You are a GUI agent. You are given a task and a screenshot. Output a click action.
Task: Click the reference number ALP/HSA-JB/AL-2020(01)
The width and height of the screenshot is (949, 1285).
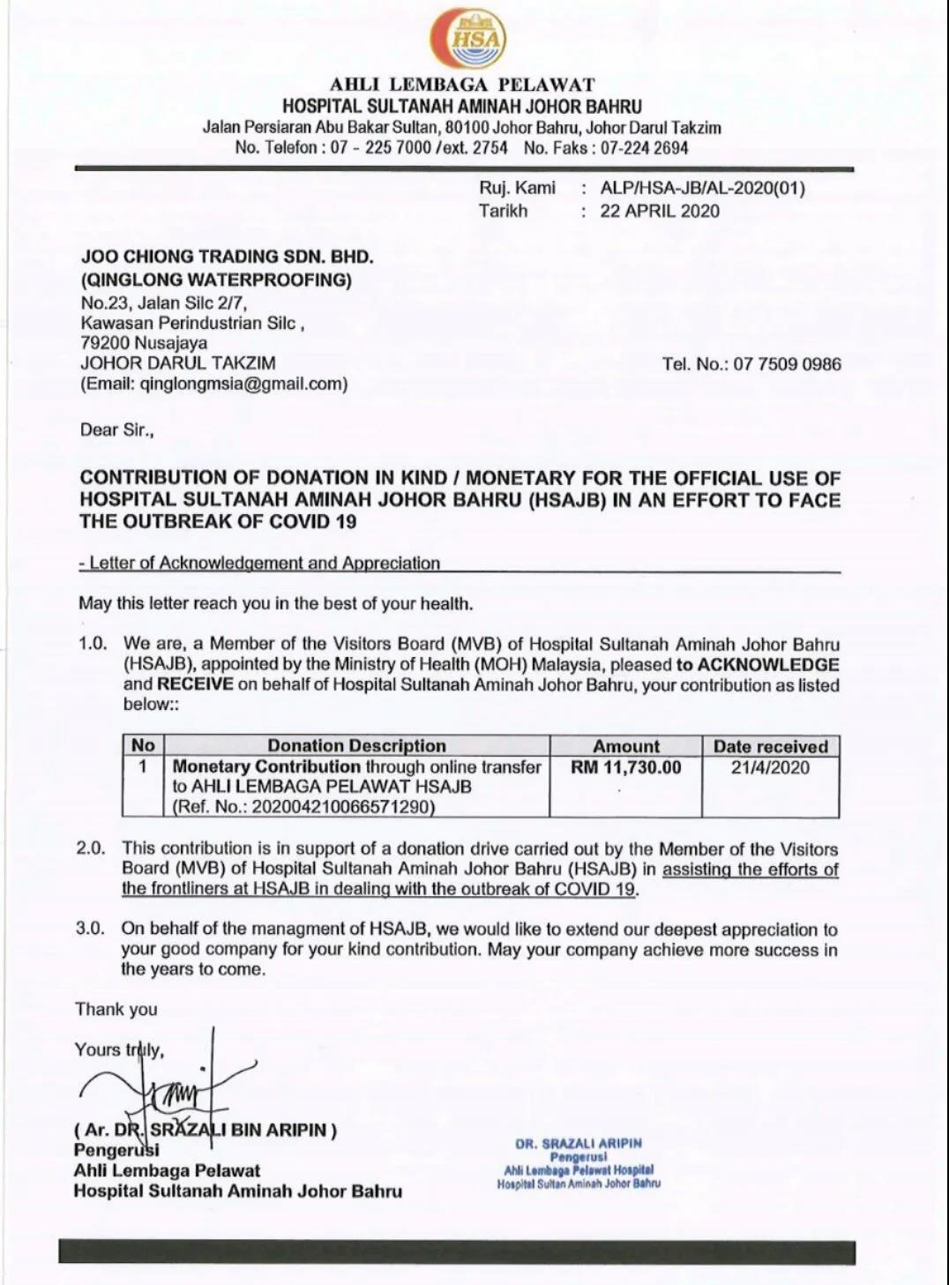click(x=702, y=188)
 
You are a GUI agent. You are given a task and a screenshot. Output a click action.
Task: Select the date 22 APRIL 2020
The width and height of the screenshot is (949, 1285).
click(x=660, y=212)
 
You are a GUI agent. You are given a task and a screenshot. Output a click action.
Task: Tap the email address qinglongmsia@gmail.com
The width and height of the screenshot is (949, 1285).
click(x=242, y=384)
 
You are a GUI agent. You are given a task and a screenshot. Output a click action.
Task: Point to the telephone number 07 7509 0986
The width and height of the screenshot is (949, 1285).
click(x=787, y=364)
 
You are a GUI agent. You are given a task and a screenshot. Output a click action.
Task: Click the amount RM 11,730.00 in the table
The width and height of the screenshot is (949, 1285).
click(x=626, y=767)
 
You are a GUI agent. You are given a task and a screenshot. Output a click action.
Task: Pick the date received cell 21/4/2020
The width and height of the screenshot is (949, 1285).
click(x=770, y=767)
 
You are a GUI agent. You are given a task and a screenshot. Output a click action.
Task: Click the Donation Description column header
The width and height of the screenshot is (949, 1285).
click(x=356, y=746)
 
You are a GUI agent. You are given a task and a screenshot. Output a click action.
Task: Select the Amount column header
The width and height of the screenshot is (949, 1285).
click(x=626, y=746)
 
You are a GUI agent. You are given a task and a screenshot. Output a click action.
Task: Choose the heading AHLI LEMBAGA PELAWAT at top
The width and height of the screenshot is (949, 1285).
click(x=462, y=86)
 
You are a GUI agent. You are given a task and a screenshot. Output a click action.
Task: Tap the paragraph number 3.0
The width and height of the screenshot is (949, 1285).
click(x=91, y=929)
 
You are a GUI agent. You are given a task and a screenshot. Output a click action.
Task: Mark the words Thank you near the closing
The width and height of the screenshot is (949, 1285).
click(x=116, y=1010)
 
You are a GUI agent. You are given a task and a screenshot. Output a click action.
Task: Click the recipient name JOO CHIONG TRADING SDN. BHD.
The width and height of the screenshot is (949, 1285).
click(x=228, y=257)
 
